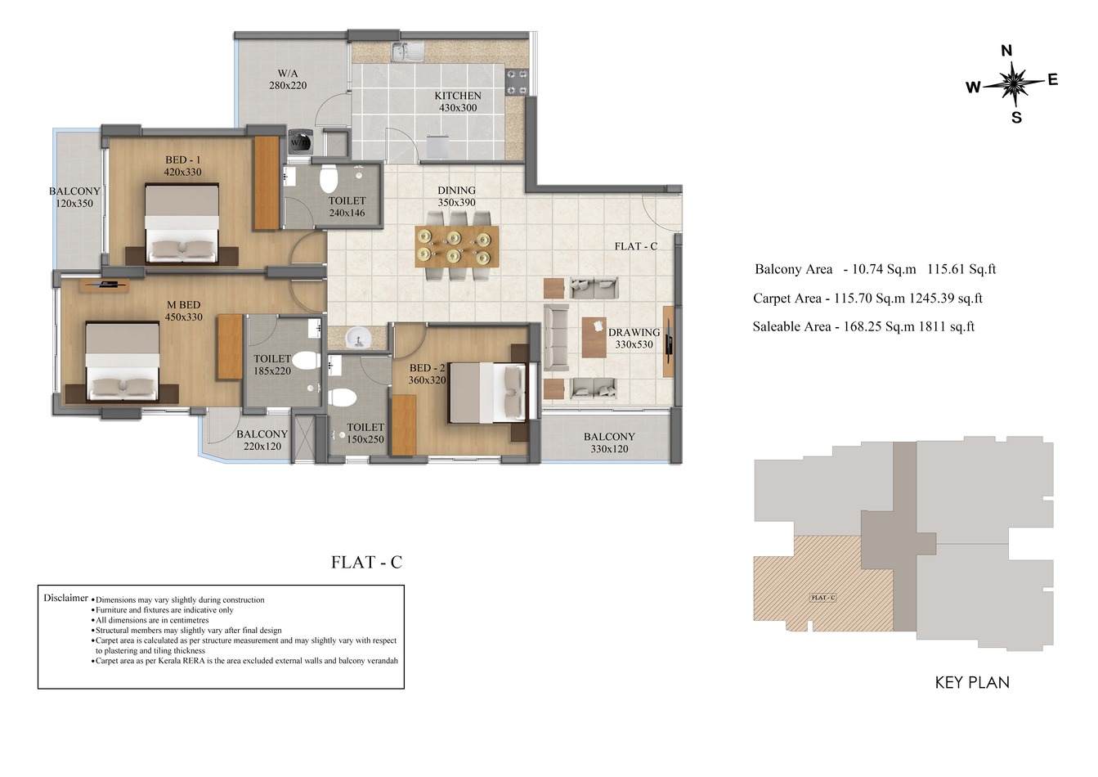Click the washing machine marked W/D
tap(298, 141)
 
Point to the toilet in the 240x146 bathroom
tap(329, 178)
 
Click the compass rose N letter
tap(1006, 52)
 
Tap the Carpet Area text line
tap(867, 299)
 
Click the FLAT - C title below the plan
tap(366, 563)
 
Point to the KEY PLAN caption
tap(971, 682)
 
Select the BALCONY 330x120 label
tap(609, 442)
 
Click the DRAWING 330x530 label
tap(634, 339)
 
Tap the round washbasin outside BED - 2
tap(356, 337)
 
